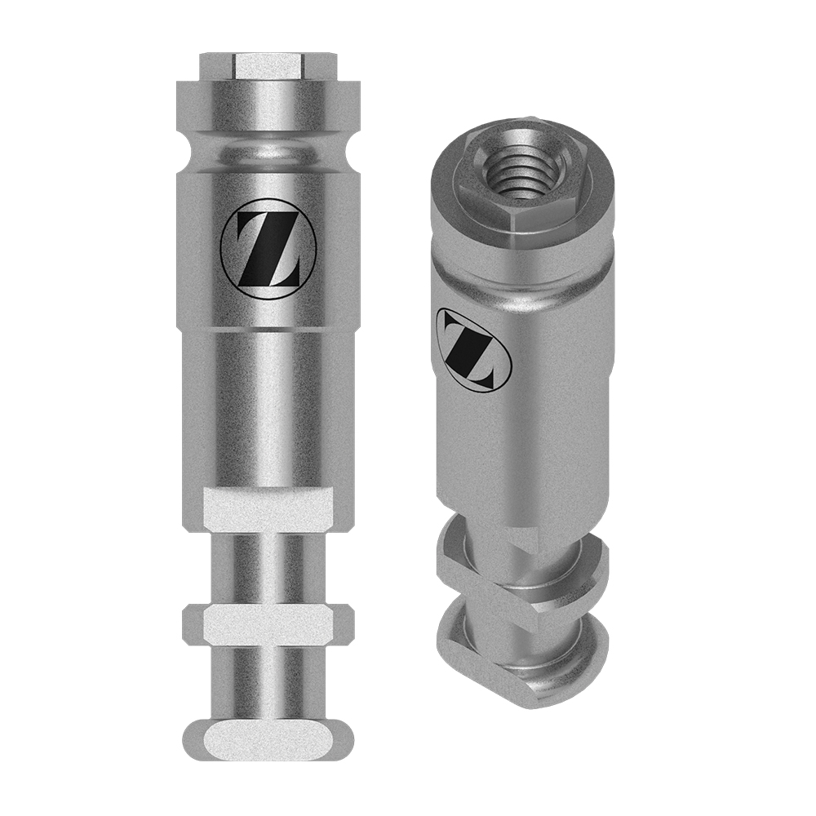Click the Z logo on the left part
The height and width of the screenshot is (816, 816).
tap(259, 244)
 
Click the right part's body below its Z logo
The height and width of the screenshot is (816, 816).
tap(522, 457)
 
